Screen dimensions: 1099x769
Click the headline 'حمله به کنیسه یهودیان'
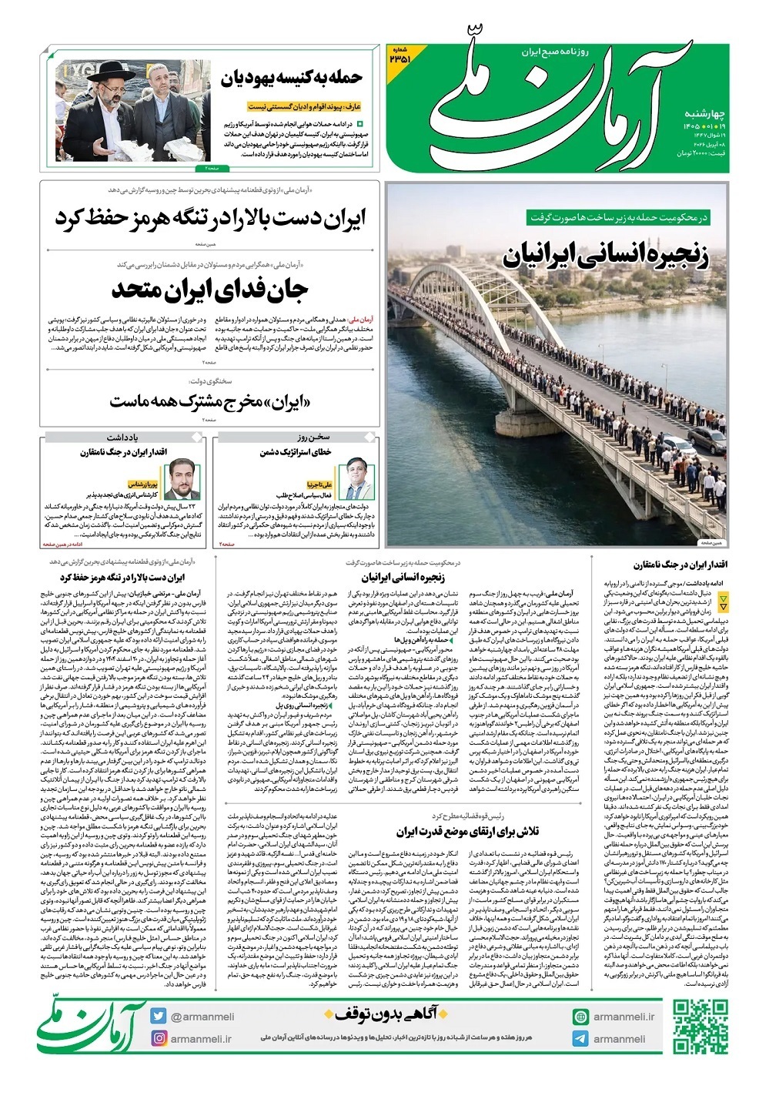pyautogui.click(x=292, y=79)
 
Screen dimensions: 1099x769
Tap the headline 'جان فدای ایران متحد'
pyautogui.click(x=209, y=291)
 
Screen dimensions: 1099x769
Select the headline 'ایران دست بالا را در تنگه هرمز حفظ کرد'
pyautogui.click(x=210, y=218)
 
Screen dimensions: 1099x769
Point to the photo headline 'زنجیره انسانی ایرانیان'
pyautogui.click(x=606, y=256)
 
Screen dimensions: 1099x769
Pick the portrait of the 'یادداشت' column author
pyautogui.click(x=182, y=477)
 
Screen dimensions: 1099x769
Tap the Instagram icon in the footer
pyautogui.click(x=159, y=1038)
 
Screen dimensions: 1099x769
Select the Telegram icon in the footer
pyautogui.click(x=580, y=1038)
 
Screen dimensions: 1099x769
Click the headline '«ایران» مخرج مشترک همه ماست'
pyautogui.click(x=209, y=401)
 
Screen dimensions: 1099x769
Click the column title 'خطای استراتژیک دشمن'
pyautogui.click(x=296, y=452)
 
